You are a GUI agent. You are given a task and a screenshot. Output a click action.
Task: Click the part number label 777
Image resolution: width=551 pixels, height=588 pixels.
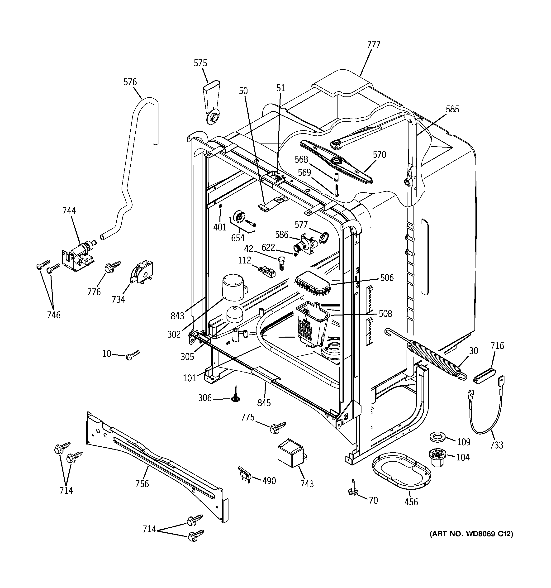coord(374,45)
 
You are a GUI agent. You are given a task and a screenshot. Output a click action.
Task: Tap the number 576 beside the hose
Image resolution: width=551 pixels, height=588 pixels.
coord(130,82)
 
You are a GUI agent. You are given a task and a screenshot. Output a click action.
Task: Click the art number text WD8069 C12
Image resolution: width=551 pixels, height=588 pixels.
coord(471,534)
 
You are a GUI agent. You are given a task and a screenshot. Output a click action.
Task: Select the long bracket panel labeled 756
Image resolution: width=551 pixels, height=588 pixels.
coord(157,467)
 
